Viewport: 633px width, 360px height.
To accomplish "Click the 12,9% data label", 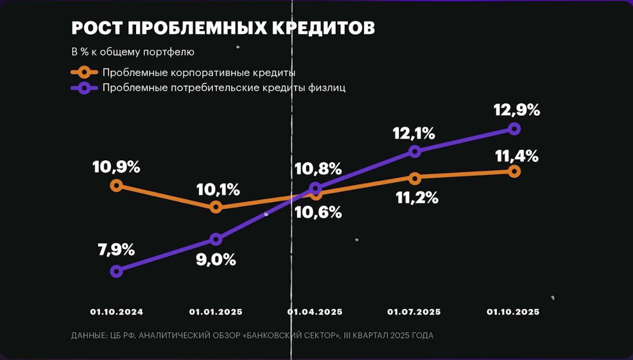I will click(516, 110).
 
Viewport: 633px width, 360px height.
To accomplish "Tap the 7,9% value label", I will click(116, 250).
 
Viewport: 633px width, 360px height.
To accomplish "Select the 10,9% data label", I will click(116, 167).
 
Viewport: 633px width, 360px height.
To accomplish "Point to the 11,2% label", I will click(417, 198).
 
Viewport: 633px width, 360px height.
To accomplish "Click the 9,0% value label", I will click(216, 260).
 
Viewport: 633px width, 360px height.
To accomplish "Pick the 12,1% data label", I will click(413, 133).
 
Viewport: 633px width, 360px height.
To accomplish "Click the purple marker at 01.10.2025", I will click(514, 129).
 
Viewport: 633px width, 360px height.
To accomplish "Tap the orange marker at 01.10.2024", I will click(116, 185).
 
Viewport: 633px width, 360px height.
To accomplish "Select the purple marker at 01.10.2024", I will click(116, 271).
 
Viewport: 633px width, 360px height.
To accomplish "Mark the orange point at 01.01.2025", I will click(216, 207).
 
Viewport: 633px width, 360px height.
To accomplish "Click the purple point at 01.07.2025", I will click(415, 151).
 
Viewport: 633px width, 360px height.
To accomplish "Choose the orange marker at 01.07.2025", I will click(415, 178).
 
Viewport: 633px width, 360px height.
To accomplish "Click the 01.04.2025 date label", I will click(315, 312).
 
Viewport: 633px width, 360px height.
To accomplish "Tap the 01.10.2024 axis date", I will click(116, 312).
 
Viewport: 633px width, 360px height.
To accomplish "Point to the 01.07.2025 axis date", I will click(414, 312).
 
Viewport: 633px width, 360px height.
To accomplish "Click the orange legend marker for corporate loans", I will click(84, 73).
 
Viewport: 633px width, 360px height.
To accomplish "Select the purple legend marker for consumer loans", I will click(84, 88).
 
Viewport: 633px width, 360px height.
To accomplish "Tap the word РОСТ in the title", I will click(96, 28).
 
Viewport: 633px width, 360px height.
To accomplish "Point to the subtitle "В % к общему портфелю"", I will click(133, 52).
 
